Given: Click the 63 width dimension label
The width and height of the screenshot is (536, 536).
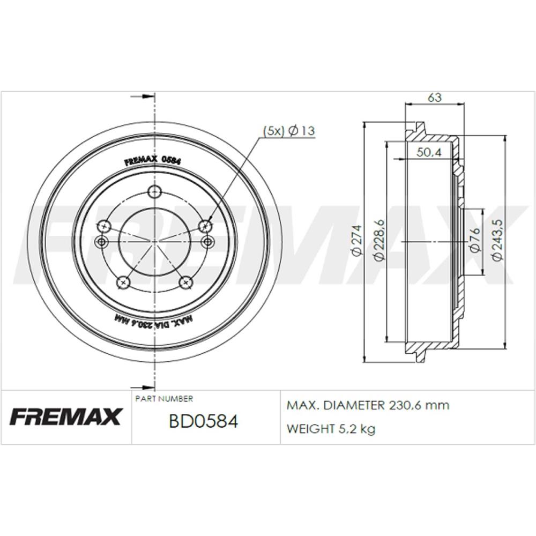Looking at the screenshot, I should (434, 98).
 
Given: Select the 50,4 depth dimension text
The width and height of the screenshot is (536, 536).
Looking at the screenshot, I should (428, 153).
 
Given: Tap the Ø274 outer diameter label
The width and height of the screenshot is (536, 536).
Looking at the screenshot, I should (356, 241).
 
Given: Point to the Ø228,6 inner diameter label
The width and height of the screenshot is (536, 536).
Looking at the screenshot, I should (378, 241).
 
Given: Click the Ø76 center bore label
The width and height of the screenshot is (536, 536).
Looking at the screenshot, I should (474, 241).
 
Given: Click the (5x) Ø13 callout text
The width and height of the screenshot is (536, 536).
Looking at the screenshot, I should (288, 130).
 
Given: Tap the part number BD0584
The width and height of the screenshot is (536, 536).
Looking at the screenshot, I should (203, 422).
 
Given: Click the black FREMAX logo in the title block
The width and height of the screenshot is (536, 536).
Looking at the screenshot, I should (66, 416).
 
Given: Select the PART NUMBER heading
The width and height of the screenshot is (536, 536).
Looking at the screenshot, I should (164, 399).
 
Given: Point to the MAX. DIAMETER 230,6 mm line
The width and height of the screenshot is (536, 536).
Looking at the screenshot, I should (368, 406).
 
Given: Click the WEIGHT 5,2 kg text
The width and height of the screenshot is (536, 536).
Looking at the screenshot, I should (331, 428).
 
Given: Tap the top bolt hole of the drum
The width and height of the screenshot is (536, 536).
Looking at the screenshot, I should (155, 191).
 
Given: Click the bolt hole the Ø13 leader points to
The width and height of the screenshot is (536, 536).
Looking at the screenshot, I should (205, 226).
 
